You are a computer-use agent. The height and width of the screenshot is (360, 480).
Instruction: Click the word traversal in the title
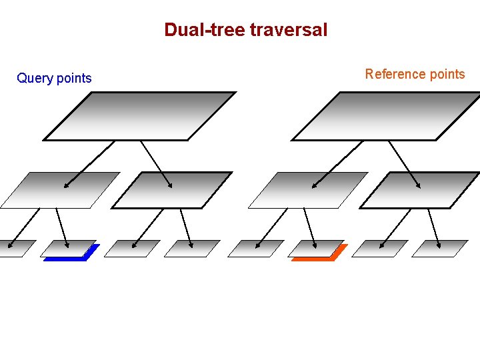(x=289, y=30)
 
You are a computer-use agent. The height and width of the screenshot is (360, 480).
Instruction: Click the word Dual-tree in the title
(x=205, y=30)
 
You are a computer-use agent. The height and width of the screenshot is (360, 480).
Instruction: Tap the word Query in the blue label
(x=35, y=79)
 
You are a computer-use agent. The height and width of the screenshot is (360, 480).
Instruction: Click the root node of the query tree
(x=140, y=116)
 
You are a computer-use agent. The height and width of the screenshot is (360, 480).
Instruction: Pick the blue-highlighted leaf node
(x=69, y=249)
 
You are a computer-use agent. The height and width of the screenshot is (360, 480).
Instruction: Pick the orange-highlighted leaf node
(x=317, y=249)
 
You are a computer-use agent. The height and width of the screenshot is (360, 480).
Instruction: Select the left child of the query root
(x=60, y=190)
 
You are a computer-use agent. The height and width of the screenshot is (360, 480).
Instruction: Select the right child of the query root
(x=171, y=190)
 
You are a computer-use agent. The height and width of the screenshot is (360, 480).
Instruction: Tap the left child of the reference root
(x=308, y=190)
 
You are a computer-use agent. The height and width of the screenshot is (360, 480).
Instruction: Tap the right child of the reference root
(x=420, y=190)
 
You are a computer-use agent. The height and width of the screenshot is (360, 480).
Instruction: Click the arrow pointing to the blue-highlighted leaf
(x=62, y=227)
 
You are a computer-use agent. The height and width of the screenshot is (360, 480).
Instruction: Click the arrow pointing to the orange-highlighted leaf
(x=310, y=227)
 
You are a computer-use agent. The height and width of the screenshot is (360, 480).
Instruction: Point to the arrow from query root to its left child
(x=89, y=163)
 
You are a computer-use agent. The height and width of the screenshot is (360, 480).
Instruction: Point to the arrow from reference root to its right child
(x=405, y=163)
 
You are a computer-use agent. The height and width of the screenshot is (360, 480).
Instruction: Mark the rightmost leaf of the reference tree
(x=440, y=249)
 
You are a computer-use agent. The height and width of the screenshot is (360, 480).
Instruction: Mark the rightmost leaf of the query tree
(x=192, y=249)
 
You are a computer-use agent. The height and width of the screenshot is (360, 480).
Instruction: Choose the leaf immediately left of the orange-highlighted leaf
(x=256, y=249)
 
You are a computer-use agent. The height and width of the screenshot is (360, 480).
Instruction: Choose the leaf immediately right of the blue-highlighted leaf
(x=132, y=249)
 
